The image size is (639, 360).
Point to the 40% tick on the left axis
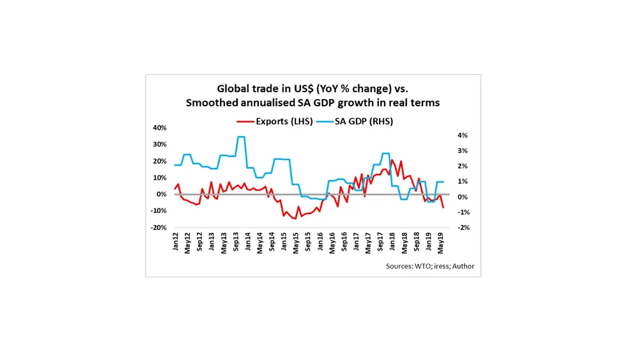point(158,128)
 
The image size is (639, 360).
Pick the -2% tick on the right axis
point(462,228)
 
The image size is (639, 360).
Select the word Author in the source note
point(463,267)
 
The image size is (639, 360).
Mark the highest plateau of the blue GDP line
point(241,137)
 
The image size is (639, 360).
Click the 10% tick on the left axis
point(158,178)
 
